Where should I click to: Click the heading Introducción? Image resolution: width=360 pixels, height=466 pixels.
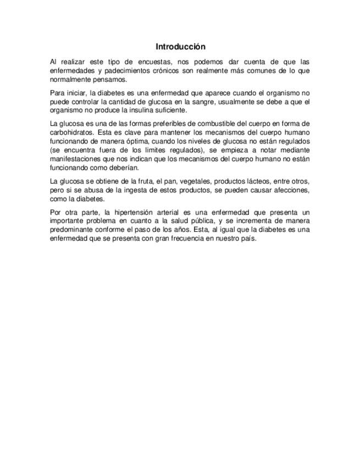[x=180, y=47]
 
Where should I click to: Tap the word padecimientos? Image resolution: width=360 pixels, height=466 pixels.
[x=126, y=71]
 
